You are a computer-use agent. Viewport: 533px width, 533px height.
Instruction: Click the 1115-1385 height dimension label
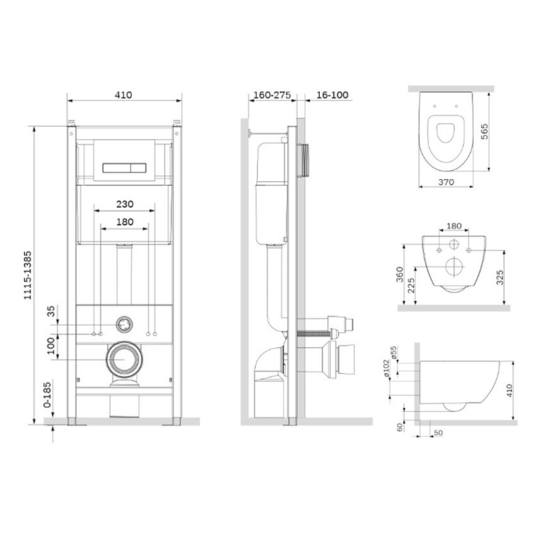[x=27, y=275]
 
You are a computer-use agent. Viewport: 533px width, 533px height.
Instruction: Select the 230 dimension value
[x=125, y=204]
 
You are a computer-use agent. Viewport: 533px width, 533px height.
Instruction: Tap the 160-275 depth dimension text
[x=272, y=95]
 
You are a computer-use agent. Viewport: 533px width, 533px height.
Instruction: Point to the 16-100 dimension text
[x=332, y=95]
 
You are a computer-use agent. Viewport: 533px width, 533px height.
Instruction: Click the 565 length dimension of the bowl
[x=484, y=131]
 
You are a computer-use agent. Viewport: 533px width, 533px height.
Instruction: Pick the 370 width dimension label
[x=446, y=182]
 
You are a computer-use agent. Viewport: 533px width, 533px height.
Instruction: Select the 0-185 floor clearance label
[x=47, y=394]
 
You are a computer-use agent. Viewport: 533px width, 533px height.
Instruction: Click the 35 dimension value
[x=51, y=311]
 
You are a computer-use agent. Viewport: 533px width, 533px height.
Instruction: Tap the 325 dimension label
[x=499, y=278]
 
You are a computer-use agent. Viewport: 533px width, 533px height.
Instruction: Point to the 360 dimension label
[x=400, y=274]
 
